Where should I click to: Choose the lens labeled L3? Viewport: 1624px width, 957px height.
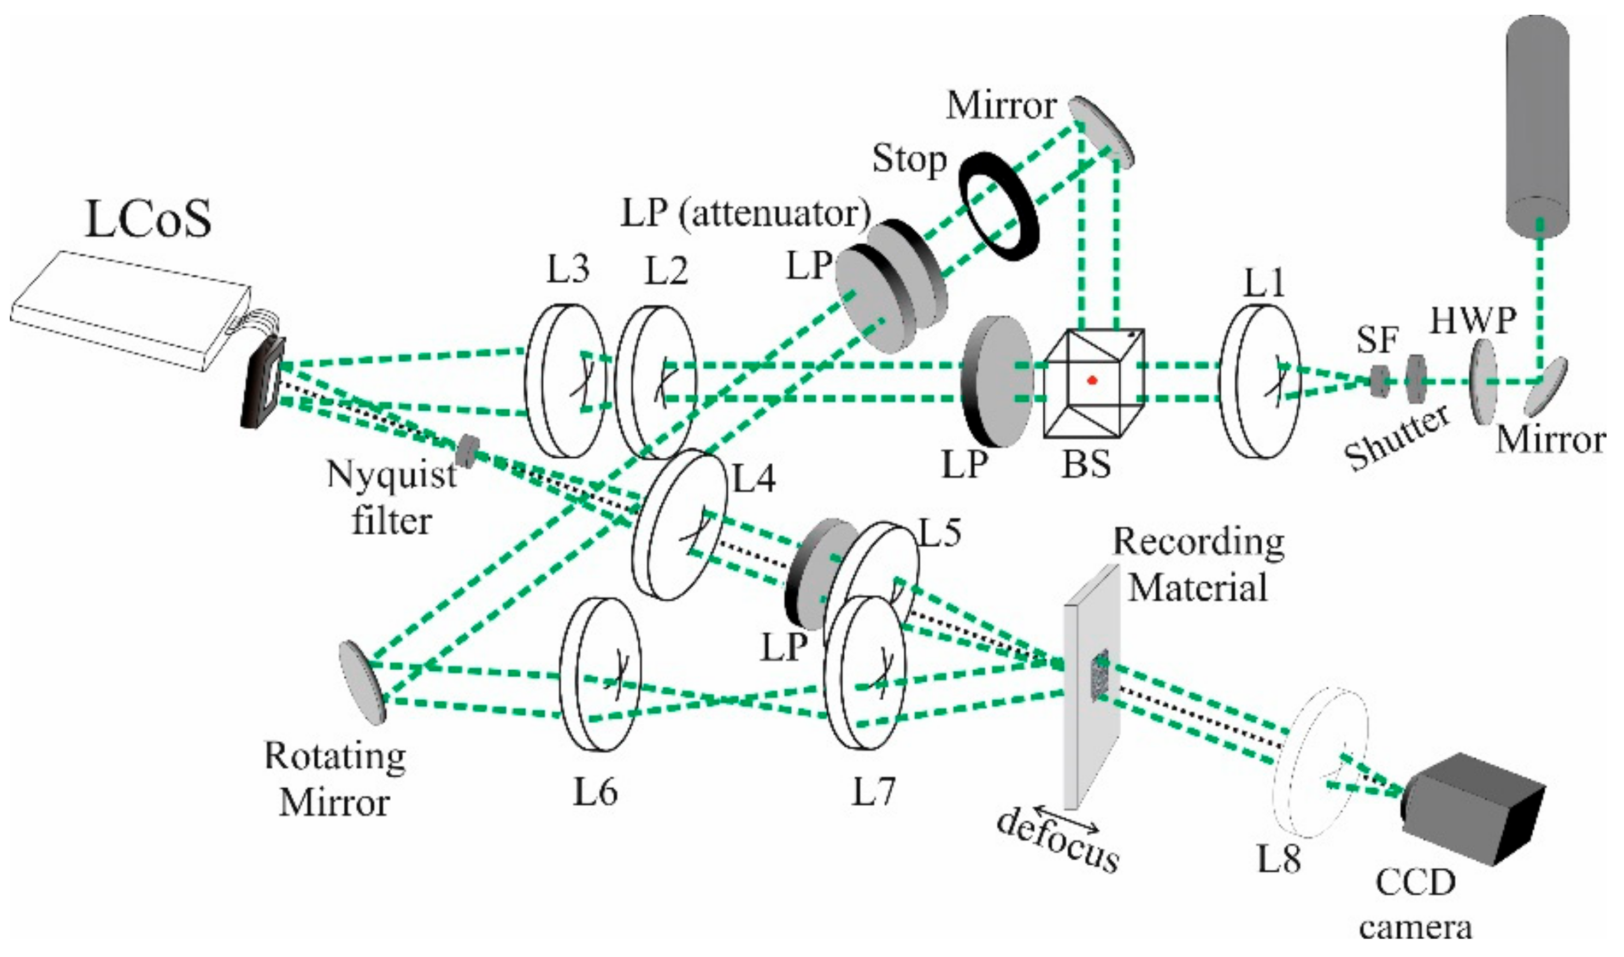tap(565, 381)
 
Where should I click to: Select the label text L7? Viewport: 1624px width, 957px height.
tap(873, 792)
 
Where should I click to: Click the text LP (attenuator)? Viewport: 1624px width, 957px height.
tap(745, 214)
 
